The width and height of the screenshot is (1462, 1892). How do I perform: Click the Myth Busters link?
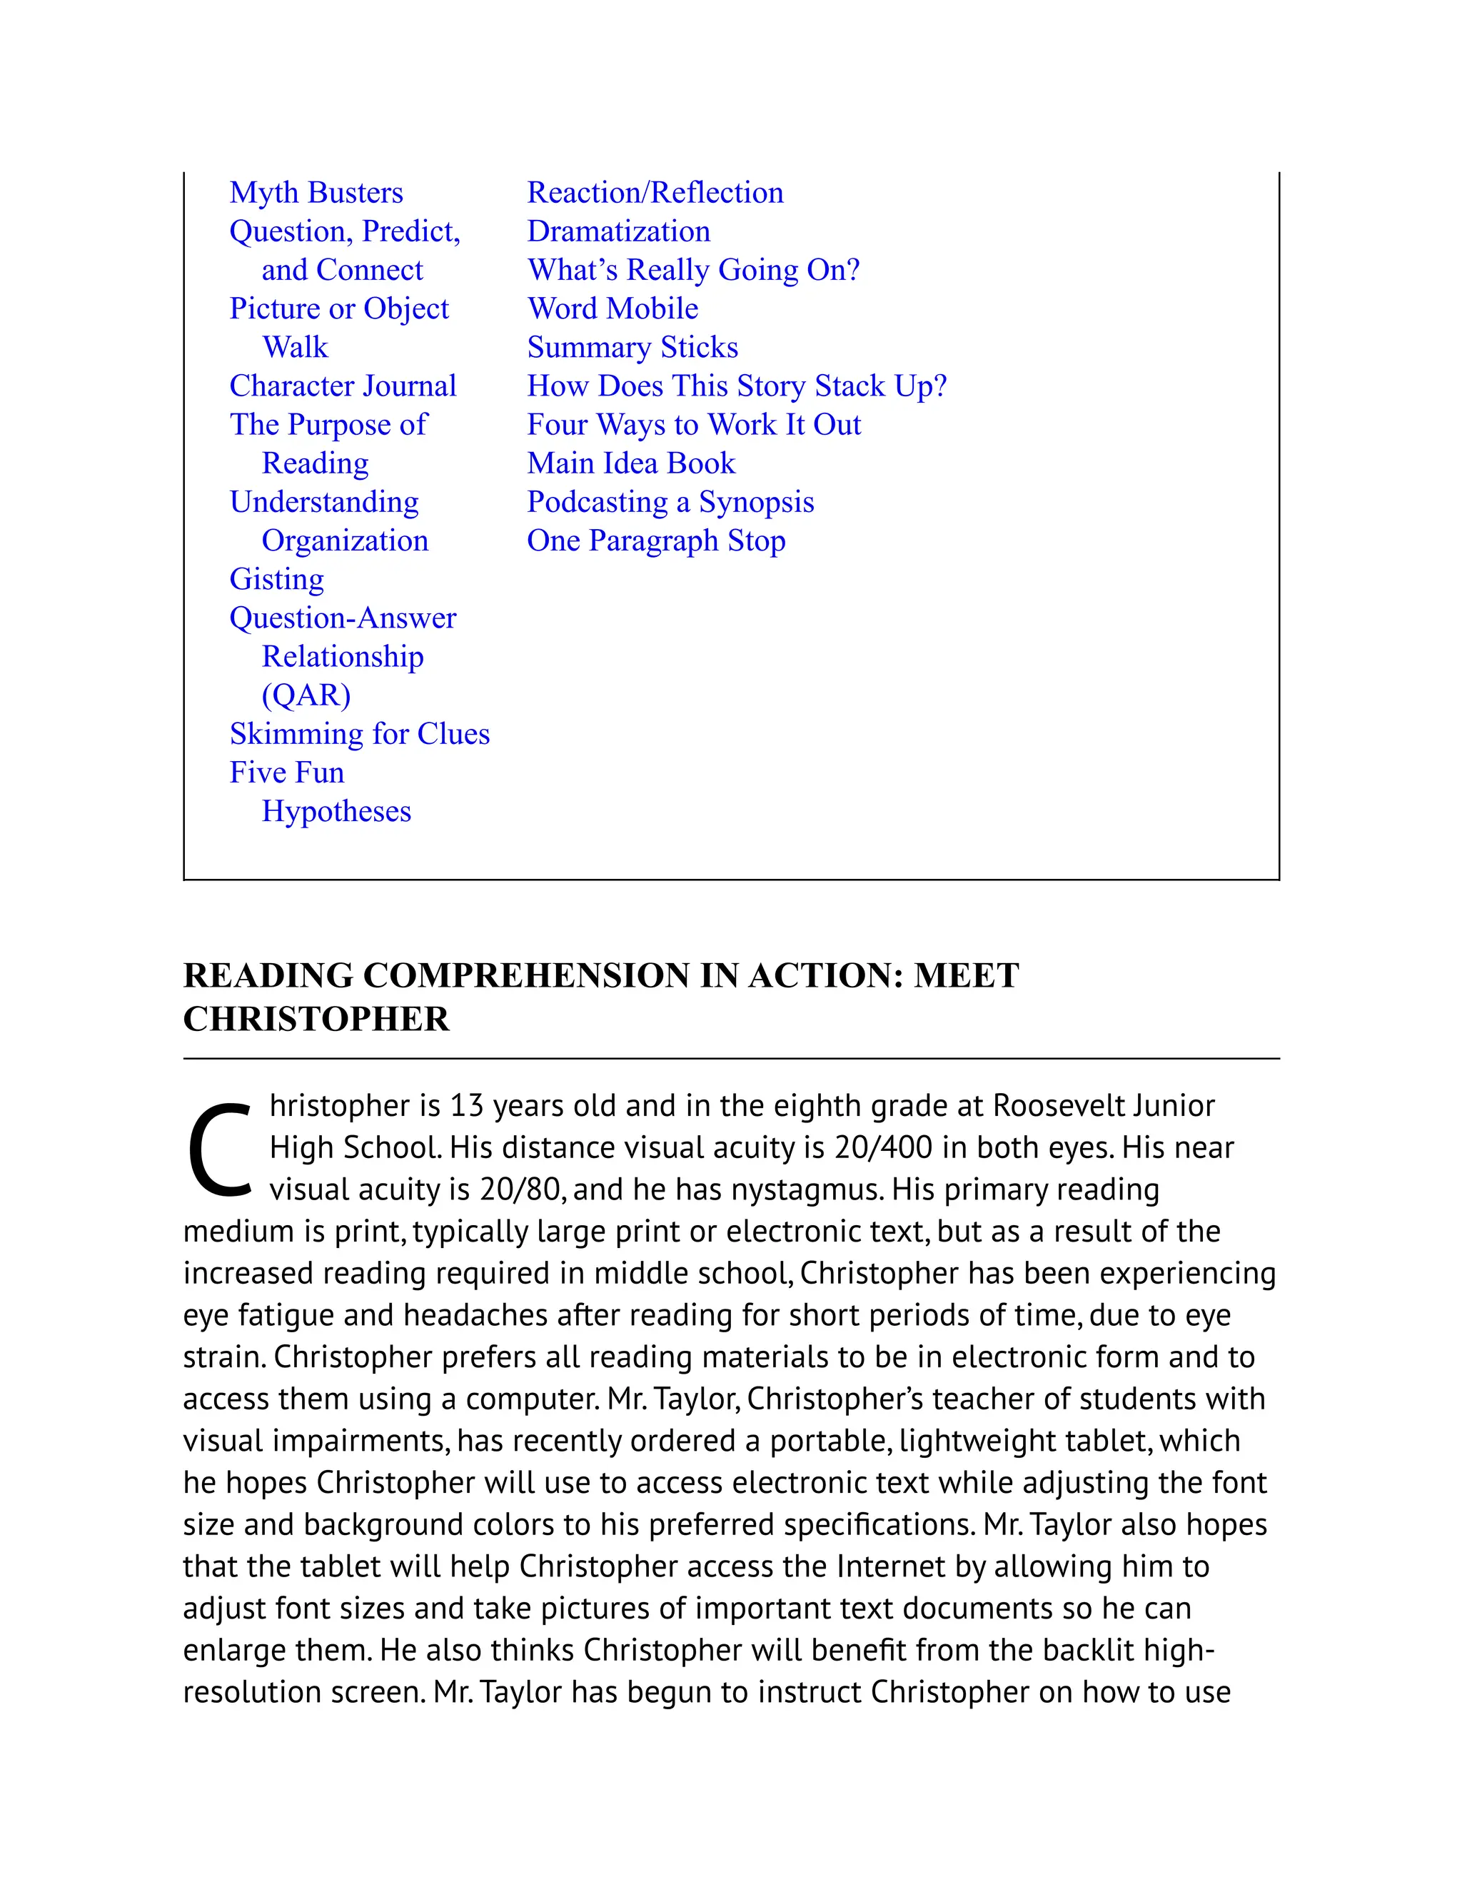[316, 192]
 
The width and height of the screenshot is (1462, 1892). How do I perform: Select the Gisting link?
[276, 579]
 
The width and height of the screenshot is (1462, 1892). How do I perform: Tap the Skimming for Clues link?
[360, 734]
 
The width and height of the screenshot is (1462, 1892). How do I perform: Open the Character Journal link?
[342, 386]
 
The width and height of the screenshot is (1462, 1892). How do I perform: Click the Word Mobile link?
[612, 308]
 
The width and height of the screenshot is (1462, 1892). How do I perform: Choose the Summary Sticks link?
[632, 348]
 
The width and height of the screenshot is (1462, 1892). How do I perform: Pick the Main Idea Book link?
[630, 463]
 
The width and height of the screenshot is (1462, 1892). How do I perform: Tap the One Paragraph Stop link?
[655, 540]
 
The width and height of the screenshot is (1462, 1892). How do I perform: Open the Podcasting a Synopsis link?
[670, 502]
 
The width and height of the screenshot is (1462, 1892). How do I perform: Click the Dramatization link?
[618, 231]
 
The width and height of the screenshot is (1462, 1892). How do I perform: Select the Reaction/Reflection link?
[655, 192]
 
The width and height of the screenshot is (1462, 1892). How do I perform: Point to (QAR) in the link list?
[306, 695]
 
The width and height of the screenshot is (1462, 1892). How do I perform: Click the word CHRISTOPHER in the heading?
[316, 1019]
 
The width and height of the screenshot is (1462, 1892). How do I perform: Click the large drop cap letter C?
[219, 1149]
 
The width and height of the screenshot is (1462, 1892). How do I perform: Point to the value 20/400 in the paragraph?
[882, 1148]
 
